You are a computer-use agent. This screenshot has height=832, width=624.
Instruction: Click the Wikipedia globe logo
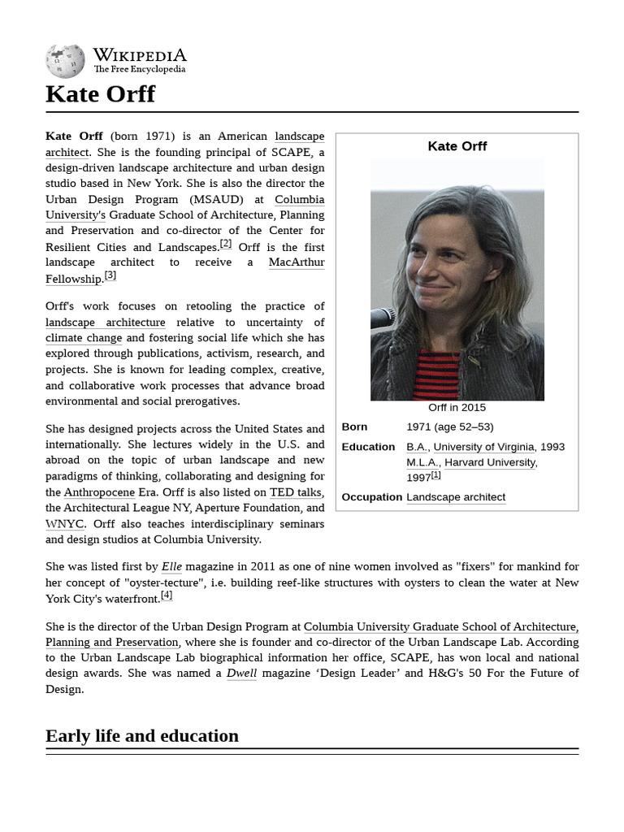(65, 61)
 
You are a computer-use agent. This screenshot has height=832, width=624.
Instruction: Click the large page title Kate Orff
(100, 94)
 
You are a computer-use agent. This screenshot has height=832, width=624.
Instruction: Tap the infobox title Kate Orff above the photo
(457, 146)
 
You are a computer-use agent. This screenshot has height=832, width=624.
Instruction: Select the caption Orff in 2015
(457, 408)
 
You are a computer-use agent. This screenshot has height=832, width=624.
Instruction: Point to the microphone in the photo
(382, 318)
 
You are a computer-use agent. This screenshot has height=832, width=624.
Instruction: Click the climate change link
(84, 338)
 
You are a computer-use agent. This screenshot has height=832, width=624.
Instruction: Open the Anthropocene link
(99, 492)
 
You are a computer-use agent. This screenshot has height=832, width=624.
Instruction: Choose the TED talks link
(296, 492)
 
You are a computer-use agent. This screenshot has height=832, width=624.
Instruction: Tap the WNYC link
(64, 524)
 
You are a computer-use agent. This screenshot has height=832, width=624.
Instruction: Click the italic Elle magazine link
(171, 566)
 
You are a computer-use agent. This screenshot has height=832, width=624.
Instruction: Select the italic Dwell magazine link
(241, 673)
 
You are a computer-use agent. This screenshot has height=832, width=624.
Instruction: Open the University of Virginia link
(483, 447)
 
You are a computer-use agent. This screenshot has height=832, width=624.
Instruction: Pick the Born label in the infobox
(355, 427)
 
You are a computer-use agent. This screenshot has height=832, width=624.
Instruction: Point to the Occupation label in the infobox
(371, 497)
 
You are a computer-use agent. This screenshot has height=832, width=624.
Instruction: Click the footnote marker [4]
(167, 596)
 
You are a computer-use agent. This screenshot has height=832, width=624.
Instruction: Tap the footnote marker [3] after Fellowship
(110, 275)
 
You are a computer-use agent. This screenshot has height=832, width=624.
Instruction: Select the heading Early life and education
(142, 736)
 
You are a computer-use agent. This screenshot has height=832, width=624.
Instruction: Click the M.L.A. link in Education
(422, 462)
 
